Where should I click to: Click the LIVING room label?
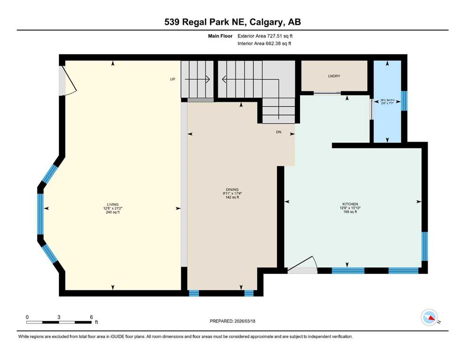coord(112,204)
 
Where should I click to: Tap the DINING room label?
coord(232,189)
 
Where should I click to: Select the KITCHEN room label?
coord(350,204)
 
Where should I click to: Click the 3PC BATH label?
coord(387,100)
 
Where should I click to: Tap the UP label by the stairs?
coord(172,80)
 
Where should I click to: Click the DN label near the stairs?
coord(278,132)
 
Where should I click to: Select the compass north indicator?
coord(429,318)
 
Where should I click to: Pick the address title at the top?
coord(232,22)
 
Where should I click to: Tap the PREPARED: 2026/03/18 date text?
coord(232,321)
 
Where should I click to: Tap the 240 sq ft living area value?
coord(112,212)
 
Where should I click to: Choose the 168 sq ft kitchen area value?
coord(350,212)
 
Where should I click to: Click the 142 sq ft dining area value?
coord(232,197)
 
